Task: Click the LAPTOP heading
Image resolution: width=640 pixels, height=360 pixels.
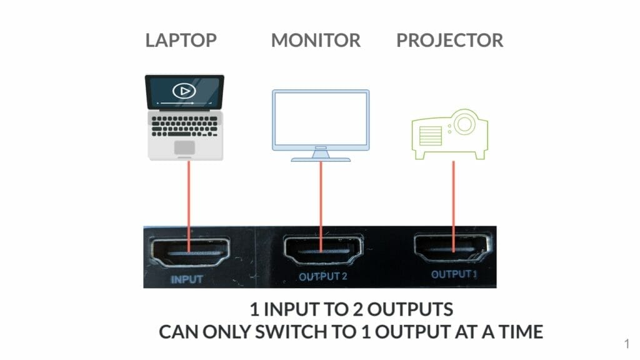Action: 181,41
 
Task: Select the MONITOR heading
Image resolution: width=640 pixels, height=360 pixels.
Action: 316,41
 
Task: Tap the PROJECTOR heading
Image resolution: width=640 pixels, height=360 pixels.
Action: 449,41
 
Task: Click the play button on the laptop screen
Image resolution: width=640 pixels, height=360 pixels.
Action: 184,91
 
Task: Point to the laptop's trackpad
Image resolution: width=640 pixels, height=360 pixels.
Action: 184,147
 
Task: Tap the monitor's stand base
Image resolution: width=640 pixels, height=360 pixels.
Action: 321,158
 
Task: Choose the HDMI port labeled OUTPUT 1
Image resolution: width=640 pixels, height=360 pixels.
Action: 452,249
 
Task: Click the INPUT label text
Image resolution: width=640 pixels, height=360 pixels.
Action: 187,279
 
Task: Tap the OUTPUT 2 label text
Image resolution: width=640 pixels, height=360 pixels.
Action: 322,277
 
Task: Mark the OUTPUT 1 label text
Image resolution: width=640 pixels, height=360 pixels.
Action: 453,274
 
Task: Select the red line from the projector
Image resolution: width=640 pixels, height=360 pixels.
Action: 454,200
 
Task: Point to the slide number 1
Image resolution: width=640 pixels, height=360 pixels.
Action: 626,342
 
